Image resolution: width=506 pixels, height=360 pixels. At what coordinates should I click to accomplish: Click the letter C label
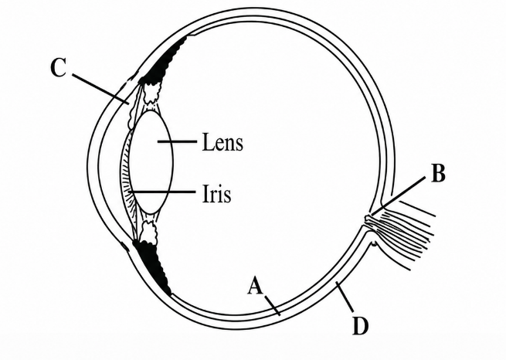point(59,68)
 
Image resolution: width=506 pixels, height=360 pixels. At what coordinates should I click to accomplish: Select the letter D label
point(361,326)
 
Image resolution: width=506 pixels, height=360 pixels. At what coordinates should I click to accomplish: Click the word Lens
point(222,142)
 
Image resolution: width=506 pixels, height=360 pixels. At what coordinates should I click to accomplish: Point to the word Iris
point(217,193)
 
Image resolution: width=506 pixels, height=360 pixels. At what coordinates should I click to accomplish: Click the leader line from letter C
point(100,90)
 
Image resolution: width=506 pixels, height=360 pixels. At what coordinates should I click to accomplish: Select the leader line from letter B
point(397,196)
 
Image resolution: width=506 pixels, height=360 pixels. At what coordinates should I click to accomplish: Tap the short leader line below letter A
point(272,304)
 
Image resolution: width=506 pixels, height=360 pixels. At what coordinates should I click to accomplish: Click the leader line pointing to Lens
point(177,141)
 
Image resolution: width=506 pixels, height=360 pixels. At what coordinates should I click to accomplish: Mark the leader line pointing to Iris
point(163,192)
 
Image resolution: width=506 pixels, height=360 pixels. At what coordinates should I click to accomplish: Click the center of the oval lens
point(151,162)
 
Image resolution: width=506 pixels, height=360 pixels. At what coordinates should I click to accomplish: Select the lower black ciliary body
point(152,267)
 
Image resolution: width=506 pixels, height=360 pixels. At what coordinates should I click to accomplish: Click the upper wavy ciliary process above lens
point(152,91)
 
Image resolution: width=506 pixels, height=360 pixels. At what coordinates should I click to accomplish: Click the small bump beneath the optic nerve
point(374,243)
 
